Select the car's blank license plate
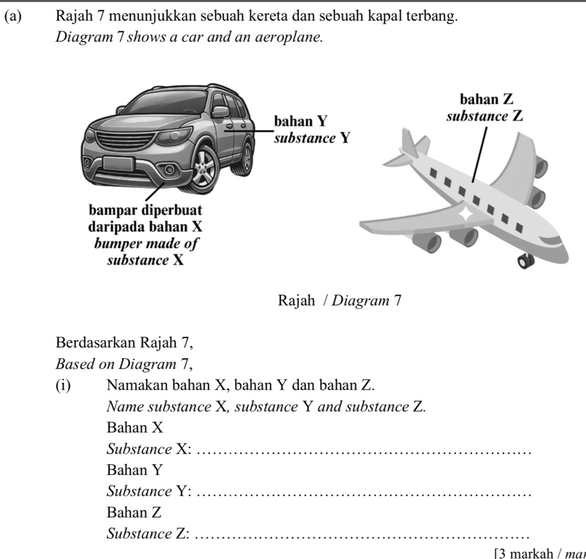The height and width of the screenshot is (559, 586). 118,164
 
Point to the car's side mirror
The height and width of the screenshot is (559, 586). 220,112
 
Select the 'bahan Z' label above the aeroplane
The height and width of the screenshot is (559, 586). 486,99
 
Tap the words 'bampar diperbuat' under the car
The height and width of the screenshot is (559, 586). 145,210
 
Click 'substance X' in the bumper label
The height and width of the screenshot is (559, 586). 145,261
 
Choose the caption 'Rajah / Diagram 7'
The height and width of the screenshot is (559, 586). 339,301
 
